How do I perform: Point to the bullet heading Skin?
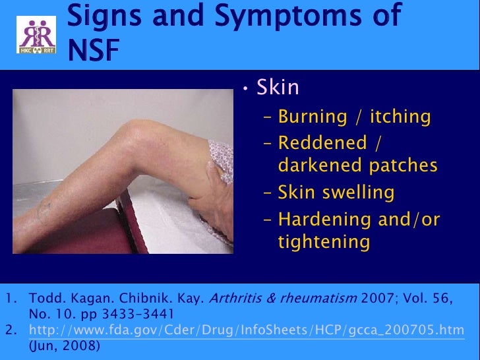[278, 87]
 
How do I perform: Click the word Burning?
[313, 117]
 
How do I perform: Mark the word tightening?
[324, 242]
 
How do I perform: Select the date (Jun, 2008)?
[65, 344]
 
